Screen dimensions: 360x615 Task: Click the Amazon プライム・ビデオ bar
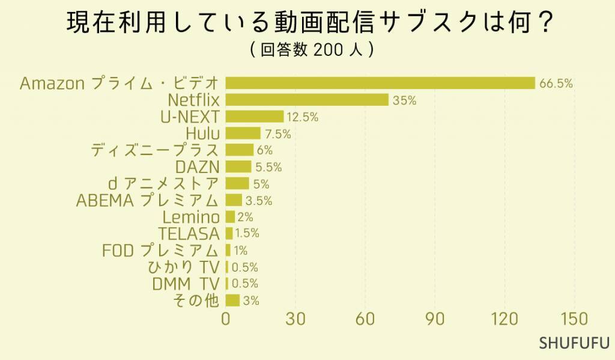point(380,83)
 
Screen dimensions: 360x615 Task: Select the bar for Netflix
point(307,100)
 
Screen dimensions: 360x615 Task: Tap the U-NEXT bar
point(255,117)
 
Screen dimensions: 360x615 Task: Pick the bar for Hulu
point(243,133)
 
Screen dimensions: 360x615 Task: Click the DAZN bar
point(238,166)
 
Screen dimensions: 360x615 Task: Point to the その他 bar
point(232,301)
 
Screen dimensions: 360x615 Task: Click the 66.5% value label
point(556,84)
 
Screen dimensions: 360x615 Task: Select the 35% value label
point(404,100)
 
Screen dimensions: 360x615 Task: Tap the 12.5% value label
point(303,117)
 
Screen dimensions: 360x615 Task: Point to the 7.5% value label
point(277,134)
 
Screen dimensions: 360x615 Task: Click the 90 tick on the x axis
point(435,320)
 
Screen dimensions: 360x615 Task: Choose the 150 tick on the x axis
point(575,320)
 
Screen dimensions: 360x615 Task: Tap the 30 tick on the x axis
point(295,320)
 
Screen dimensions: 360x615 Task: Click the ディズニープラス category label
point(155,150)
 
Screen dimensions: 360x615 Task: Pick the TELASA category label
point(189,234)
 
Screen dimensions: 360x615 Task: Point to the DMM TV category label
point(186,284)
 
